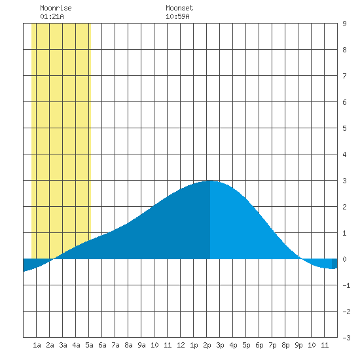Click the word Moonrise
point(56,8)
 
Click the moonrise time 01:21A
point(52,16)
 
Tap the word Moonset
point(179,8)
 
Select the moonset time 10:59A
point(177,16)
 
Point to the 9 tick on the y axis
point(344,24)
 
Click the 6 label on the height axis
point(344,102)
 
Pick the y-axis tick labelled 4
point(344,154)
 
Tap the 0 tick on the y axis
point(344,259)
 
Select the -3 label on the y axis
point(346,338)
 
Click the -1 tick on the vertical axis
point(346,285)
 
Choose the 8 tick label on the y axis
point(344,50)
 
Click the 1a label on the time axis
point(37,345)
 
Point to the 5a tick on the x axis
point(89,345)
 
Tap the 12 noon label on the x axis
point(181,345)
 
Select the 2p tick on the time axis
point(207,345)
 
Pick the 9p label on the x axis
point(298,345)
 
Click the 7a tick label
point(115,345)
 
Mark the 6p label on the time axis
point(259,345)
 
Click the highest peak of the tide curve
point(210,181)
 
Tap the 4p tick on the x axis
point(233,345)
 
